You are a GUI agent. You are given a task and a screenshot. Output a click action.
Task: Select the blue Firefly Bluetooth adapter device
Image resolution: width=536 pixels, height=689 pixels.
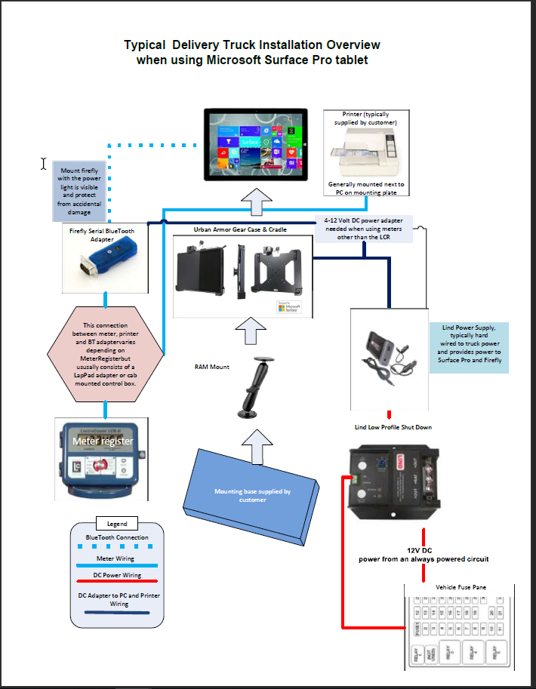pos(104,259)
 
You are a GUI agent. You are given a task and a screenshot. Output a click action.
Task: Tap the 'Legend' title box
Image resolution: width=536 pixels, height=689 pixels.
pos(117,524)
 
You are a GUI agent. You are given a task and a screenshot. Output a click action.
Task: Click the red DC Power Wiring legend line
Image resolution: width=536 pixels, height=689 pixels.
pos(117,582)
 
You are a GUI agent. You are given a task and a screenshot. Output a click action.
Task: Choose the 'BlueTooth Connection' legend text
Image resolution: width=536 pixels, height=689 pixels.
pos(117,538)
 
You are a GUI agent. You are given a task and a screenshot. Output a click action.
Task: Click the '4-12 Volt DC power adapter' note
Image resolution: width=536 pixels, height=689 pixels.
pos(364,228)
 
